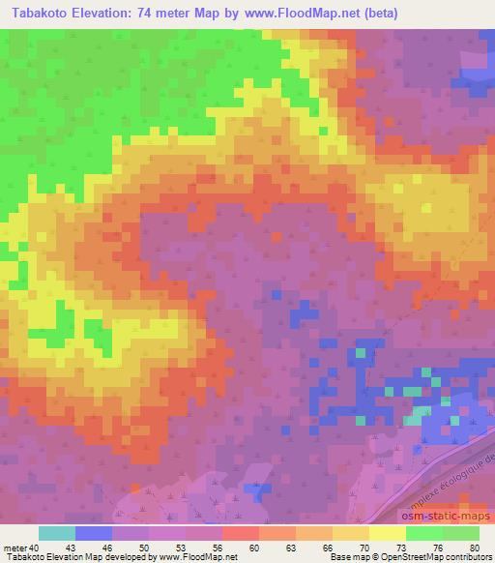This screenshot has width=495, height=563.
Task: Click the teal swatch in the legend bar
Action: click(x=57, y=533)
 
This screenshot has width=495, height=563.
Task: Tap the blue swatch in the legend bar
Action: click(x=94, y=533)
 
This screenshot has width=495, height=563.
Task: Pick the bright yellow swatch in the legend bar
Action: click(x=388, y=533)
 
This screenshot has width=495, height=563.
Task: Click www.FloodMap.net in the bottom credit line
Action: click(x=199, y=557)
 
